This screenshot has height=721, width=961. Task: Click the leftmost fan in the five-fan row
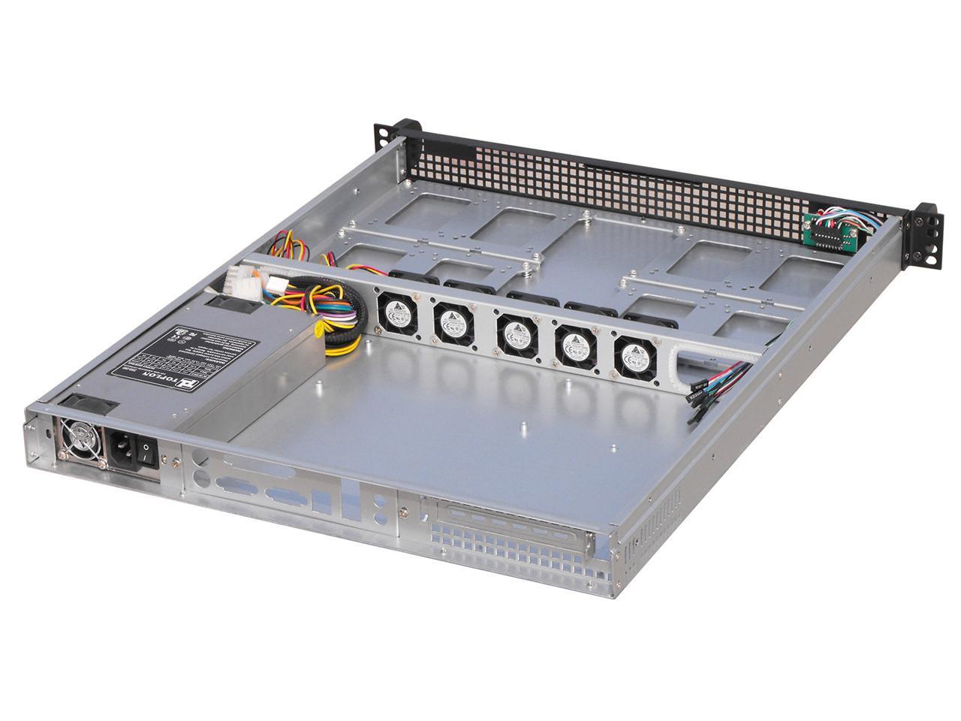[395, 309]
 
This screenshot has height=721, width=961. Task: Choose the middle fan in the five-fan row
[515, 333]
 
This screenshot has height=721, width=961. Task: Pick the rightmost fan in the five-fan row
[635, 357]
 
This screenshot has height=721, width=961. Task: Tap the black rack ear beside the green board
[922, 233]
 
